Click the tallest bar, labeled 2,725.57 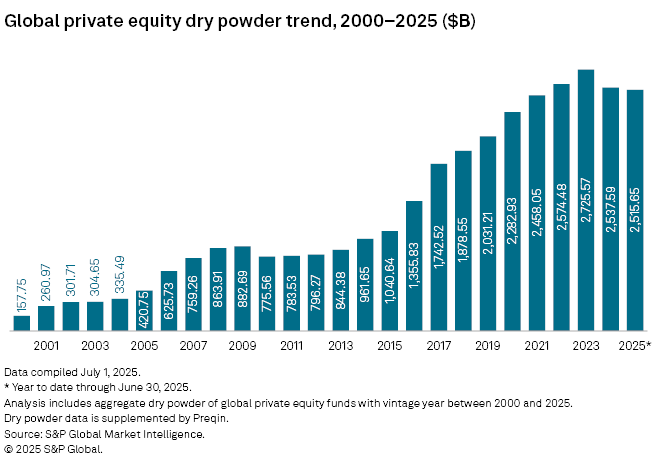(586, 200)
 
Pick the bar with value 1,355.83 (414, 265)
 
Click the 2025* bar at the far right (635, 210)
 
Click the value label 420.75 (144, 310)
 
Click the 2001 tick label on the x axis (46, 346)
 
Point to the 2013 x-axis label (340, 346)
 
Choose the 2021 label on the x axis (537, 346)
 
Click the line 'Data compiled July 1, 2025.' (72, 371)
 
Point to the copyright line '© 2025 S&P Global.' (53, 449)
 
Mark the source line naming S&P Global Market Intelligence (104, 434)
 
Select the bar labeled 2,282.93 (512, 221)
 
